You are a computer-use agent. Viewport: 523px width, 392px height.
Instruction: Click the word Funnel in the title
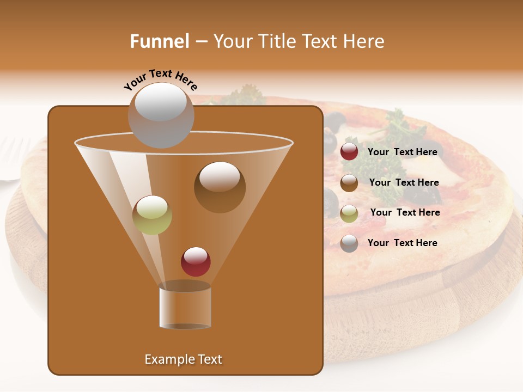pos(159,41)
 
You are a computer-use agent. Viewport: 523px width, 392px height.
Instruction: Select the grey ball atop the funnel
pos(161,115)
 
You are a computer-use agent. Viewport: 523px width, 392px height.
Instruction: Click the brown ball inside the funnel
pos(220,187)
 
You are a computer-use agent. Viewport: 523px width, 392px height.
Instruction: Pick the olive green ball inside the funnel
pos(152,215)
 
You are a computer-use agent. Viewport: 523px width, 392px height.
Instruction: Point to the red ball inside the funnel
pos(196,261)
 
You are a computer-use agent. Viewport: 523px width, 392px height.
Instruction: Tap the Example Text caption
pos(183,359)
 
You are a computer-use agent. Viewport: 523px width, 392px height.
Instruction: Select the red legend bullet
pos(349,152)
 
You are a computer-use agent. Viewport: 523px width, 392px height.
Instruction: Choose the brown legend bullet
pos(349,183)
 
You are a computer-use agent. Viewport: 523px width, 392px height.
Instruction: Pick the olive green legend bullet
pos(349,213)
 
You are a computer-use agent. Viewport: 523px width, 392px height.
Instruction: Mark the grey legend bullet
pos(349,243)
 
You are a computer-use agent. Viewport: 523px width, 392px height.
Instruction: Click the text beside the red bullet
pos(402,152)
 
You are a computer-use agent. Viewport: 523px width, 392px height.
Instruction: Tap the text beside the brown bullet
pos(404,183)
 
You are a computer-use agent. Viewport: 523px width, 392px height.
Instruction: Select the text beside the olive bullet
pos(405,213)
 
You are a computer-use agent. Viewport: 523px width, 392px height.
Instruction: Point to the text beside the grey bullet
pos(402,243)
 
